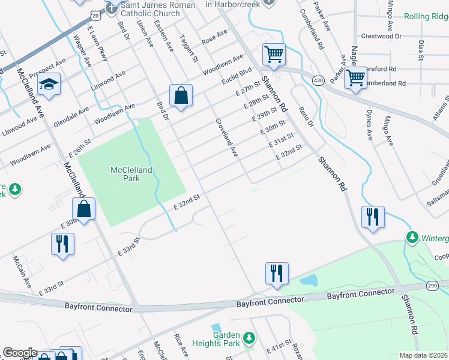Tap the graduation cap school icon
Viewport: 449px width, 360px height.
pyautogui.click(x=49, y=85)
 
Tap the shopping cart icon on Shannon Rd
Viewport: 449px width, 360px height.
pyautogui.click(x=274, y=55)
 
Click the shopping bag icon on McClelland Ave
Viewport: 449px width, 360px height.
pyautogui.click(x=84, y=210)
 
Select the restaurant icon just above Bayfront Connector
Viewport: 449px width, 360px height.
pyautogui.click(x=277, y=272)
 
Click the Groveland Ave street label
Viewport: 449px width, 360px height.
pyautogui.click(x=227, y=138)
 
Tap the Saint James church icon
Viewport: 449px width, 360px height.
pyautogui.click(x=111, y=8)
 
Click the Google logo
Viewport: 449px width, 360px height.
pyautogui.click(x=19, y=353)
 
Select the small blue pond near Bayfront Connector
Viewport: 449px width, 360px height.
pyautogui.click(x=308, y=280)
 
